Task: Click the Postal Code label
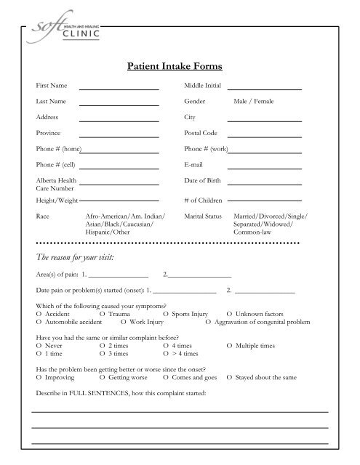click(204, 134)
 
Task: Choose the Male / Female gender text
click(253, 102)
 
